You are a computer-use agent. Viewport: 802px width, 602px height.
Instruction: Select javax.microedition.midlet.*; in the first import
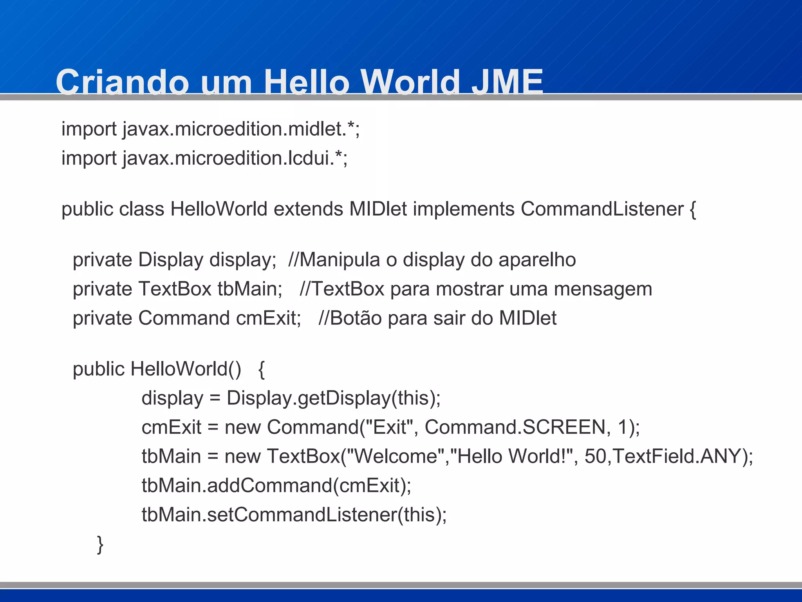[241, 129]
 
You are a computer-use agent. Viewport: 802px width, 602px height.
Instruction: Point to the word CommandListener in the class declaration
[602, 209]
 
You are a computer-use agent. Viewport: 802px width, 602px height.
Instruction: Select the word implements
[464, 209]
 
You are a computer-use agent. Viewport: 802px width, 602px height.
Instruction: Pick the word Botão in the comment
[356, 318]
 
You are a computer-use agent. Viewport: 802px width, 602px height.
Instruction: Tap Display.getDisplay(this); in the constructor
[334, 398]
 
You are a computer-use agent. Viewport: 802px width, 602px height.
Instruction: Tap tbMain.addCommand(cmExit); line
[276, 486]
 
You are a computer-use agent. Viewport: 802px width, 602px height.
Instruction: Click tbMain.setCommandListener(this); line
[294, 515]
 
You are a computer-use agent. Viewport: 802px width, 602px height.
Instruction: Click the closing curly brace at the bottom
[100, 544]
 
